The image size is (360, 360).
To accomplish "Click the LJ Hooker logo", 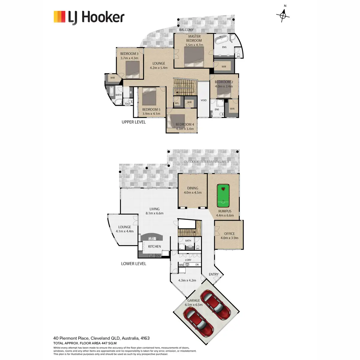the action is click(89, 17).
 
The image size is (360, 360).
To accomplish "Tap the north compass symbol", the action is click(283, 15).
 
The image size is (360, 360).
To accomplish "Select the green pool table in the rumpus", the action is click(223, 196).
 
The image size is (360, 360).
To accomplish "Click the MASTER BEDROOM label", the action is click(194, 38).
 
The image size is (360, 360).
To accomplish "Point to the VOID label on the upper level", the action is click(203, 100).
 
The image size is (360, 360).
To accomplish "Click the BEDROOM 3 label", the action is click(129, 54).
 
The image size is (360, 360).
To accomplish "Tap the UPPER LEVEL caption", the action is click(133, 122).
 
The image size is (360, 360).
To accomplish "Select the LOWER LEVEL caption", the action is click(133, 264).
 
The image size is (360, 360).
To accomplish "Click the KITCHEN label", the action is click(154, 247).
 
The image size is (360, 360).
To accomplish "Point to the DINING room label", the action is click(193, 188).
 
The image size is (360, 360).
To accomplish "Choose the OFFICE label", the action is click(229, 234).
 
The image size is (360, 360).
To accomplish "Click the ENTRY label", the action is click(214, 274).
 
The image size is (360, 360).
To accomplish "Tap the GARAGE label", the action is click(193, 300).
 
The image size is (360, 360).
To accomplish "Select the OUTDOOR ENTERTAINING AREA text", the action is click(206, 162).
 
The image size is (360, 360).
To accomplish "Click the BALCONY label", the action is click(186, 30).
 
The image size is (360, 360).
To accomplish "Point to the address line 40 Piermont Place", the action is click(101, 338).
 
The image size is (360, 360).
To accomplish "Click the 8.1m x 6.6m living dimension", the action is click(154, 213).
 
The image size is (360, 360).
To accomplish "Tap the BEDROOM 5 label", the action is click(151, 110).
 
